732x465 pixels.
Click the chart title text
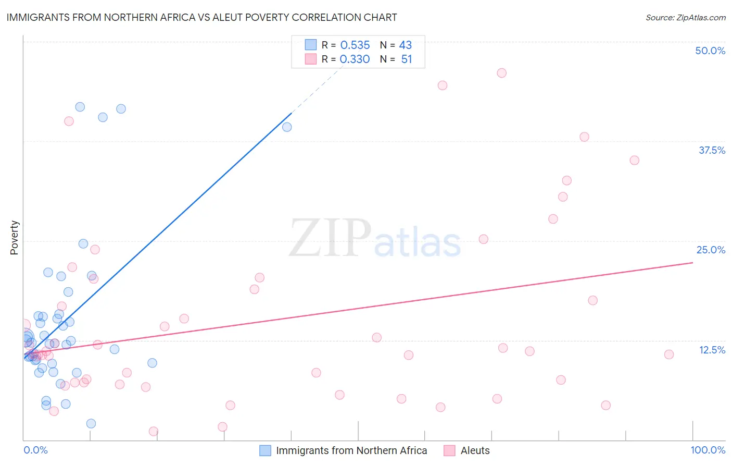201,17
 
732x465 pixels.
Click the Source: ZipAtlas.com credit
685,17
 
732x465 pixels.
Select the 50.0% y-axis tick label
710,51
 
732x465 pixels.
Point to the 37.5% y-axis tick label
712,150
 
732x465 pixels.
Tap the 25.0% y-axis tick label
711,250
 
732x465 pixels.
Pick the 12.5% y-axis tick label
712,350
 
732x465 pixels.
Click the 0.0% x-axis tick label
35,450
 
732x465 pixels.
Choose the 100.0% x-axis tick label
708,450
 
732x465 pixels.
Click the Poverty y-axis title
14,238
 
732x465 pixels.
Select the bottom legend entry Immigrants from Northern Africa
351,450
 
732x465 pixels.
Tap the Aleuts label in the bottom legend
475,450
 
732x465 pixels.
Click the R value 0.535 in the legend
355,45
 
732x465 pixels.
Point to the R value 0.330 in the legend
355,59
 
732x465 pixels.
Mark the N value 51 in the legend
407,59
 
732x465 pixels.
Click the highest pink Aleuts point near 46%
501,73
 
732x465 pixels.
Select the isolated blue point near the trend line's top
287,127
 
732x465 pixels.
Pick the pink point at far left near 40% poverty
69,121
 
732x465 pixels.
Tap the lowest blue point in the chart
91,423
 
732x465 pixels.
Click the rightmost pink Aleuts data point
669,354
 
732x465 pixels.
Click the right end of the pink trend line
692,263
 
